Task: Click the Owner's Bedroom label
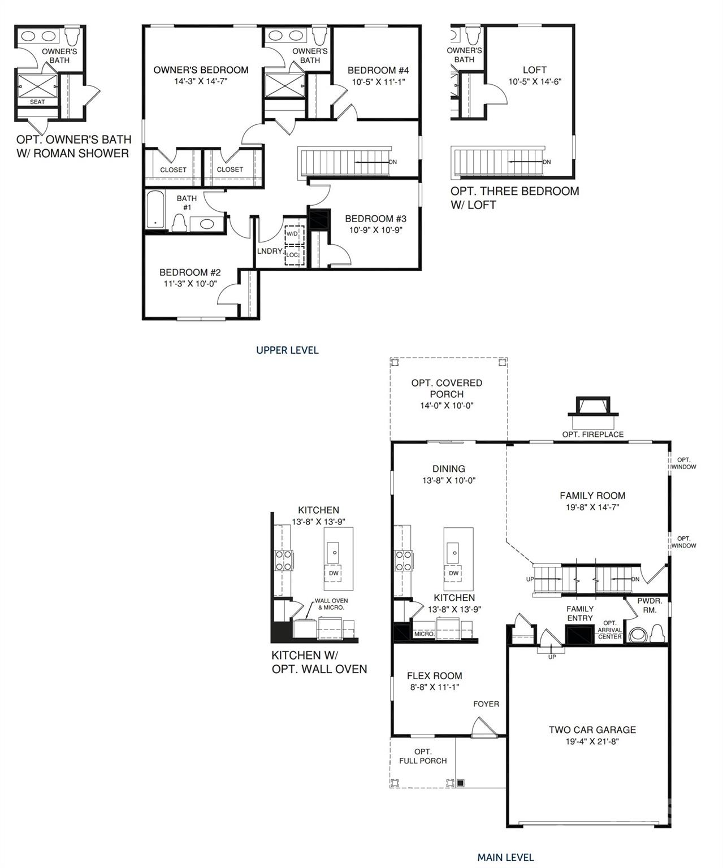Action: tap(201, 70)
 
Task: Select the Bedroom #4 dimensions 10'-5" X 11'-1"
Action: tap(378, 82)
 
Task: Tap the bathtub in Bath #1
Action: tap(155, 211)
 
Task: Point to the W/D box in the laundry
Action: tap(292, 234)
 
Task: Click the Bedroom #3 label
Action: tap(375, 219)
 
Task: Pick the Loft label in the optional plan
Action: tap(534, 70)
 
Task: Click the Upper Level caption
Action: tap(287, 350)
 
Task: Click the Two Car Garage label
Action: tap(592, 730)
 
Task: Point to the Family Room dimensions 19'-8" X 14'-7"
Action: tap(592, 507)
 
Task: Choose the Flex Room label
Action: tap(434, 676)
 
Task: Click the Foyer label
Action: tap(486, 704)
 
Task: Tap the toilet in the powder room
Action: tap(656, 632)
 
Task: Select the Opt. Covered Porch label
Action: tap(447, 388)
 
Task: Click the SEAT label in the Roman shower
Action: tap(37, 102)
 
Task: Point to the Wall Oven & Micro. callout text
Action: tap(331, 604)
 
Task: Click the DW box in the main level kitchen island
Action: tap(453, 573)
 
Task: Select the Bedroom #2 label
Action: tap(190, 272)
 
